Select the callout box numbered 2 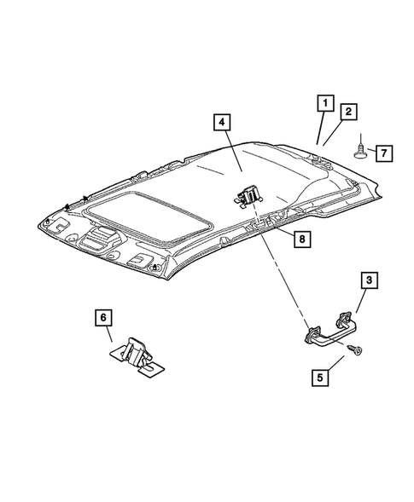[347, 112]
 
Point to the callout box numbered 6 [102, 319]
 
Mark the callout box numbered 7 [384, 153]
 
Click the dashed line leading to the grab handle [282, 273]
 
